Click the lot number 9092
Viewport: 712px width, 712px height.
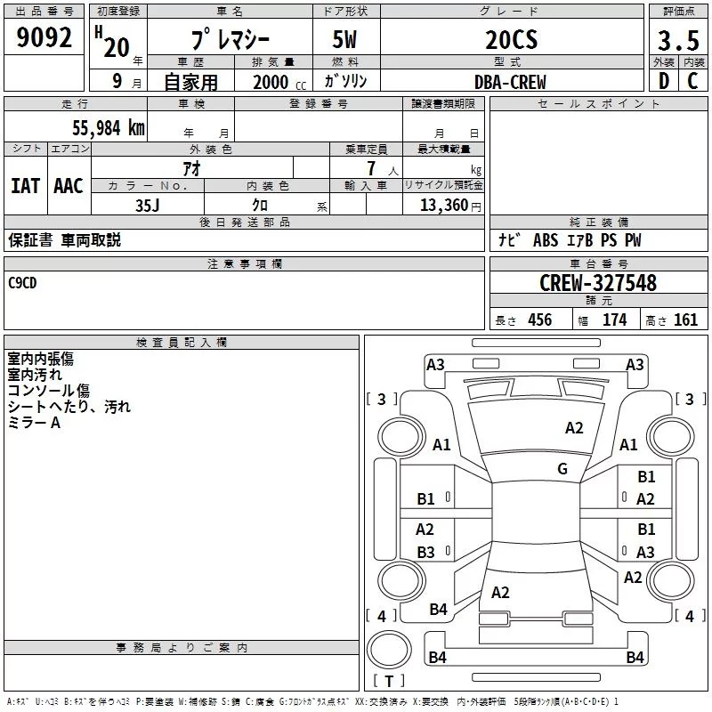point(44,37)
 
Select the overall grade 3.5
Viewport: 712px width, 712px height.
point(678,40)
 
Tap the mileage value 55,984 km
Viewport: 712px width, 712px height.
point(109,128)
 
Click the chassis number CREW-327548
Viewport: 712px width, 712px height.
point(598,283)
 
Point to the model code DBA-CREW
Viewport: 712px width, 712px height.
point(510,82)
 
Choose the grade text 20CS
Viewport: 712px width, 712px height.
point(511,40)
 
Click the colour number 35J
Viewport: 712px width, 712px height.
point(148,206)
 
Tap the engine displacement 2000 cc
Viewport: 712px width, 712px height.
point(279,83)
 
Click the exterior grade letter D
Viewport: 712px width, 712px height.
point(664,81)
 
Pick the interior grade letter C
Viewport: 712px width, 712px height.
point(692,81)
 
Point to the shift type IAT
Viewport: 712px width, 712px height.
point(26,186)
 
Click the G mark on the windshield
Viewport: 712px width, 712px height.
point(562,468)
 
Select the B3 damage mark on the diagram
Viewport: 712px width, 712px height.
point(425,552)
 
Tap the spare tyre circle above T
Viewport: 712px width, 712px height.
point(389,650)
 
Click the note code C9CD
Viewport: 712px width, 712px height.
point(22,283)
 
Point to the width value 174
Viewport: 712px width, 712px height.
point(614,320)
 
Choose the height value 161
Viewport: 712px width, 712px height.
point(685,320)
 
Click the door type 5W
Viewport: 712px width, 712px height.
point(344,40)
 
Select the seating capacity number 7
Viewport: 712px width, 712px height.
point(371,168)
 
